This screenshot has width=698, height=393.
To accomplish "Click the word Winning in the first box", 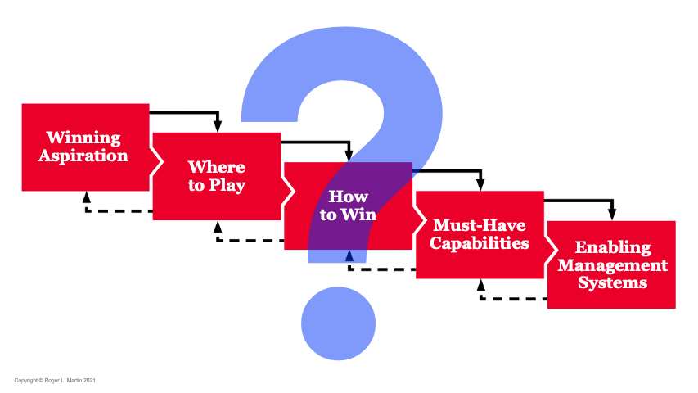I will point(83,138).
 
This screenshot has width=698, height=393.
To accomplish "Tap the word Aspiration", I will point(83,156).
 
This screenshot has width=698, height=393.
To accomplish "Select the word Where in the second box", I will point(216,167).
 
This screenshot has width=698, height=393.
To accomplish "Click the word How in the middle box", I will point(348,197).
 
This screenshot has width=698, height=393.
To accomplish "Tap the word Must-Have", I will point(480,225).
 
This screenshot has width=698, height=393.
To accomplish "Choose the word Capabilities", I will point(480,243).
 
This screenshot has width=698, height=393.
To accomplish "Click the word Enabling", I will point(613,247).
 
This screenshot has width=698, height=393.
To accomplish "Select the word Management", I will point(613,265).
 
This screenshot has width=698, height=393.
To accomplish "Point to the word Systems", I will point(613,283).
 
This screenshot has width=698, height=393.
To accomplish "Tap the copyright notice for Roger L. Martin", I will point(56,380).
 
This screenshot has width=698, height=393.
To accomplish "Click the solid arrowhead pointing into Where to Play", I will point(218,126).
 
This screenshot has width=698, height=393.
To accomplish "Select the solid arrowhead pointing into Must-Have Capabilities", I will point(480,185).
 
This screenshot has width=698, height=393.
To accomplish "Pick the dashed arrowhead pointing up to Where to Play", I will point(218,227).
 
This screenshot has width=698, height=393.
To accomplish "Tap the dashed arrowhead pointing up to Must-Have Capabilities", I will point(480,285).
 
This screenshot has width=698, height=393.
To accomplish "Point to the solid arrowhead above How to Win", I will point(349,156).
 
